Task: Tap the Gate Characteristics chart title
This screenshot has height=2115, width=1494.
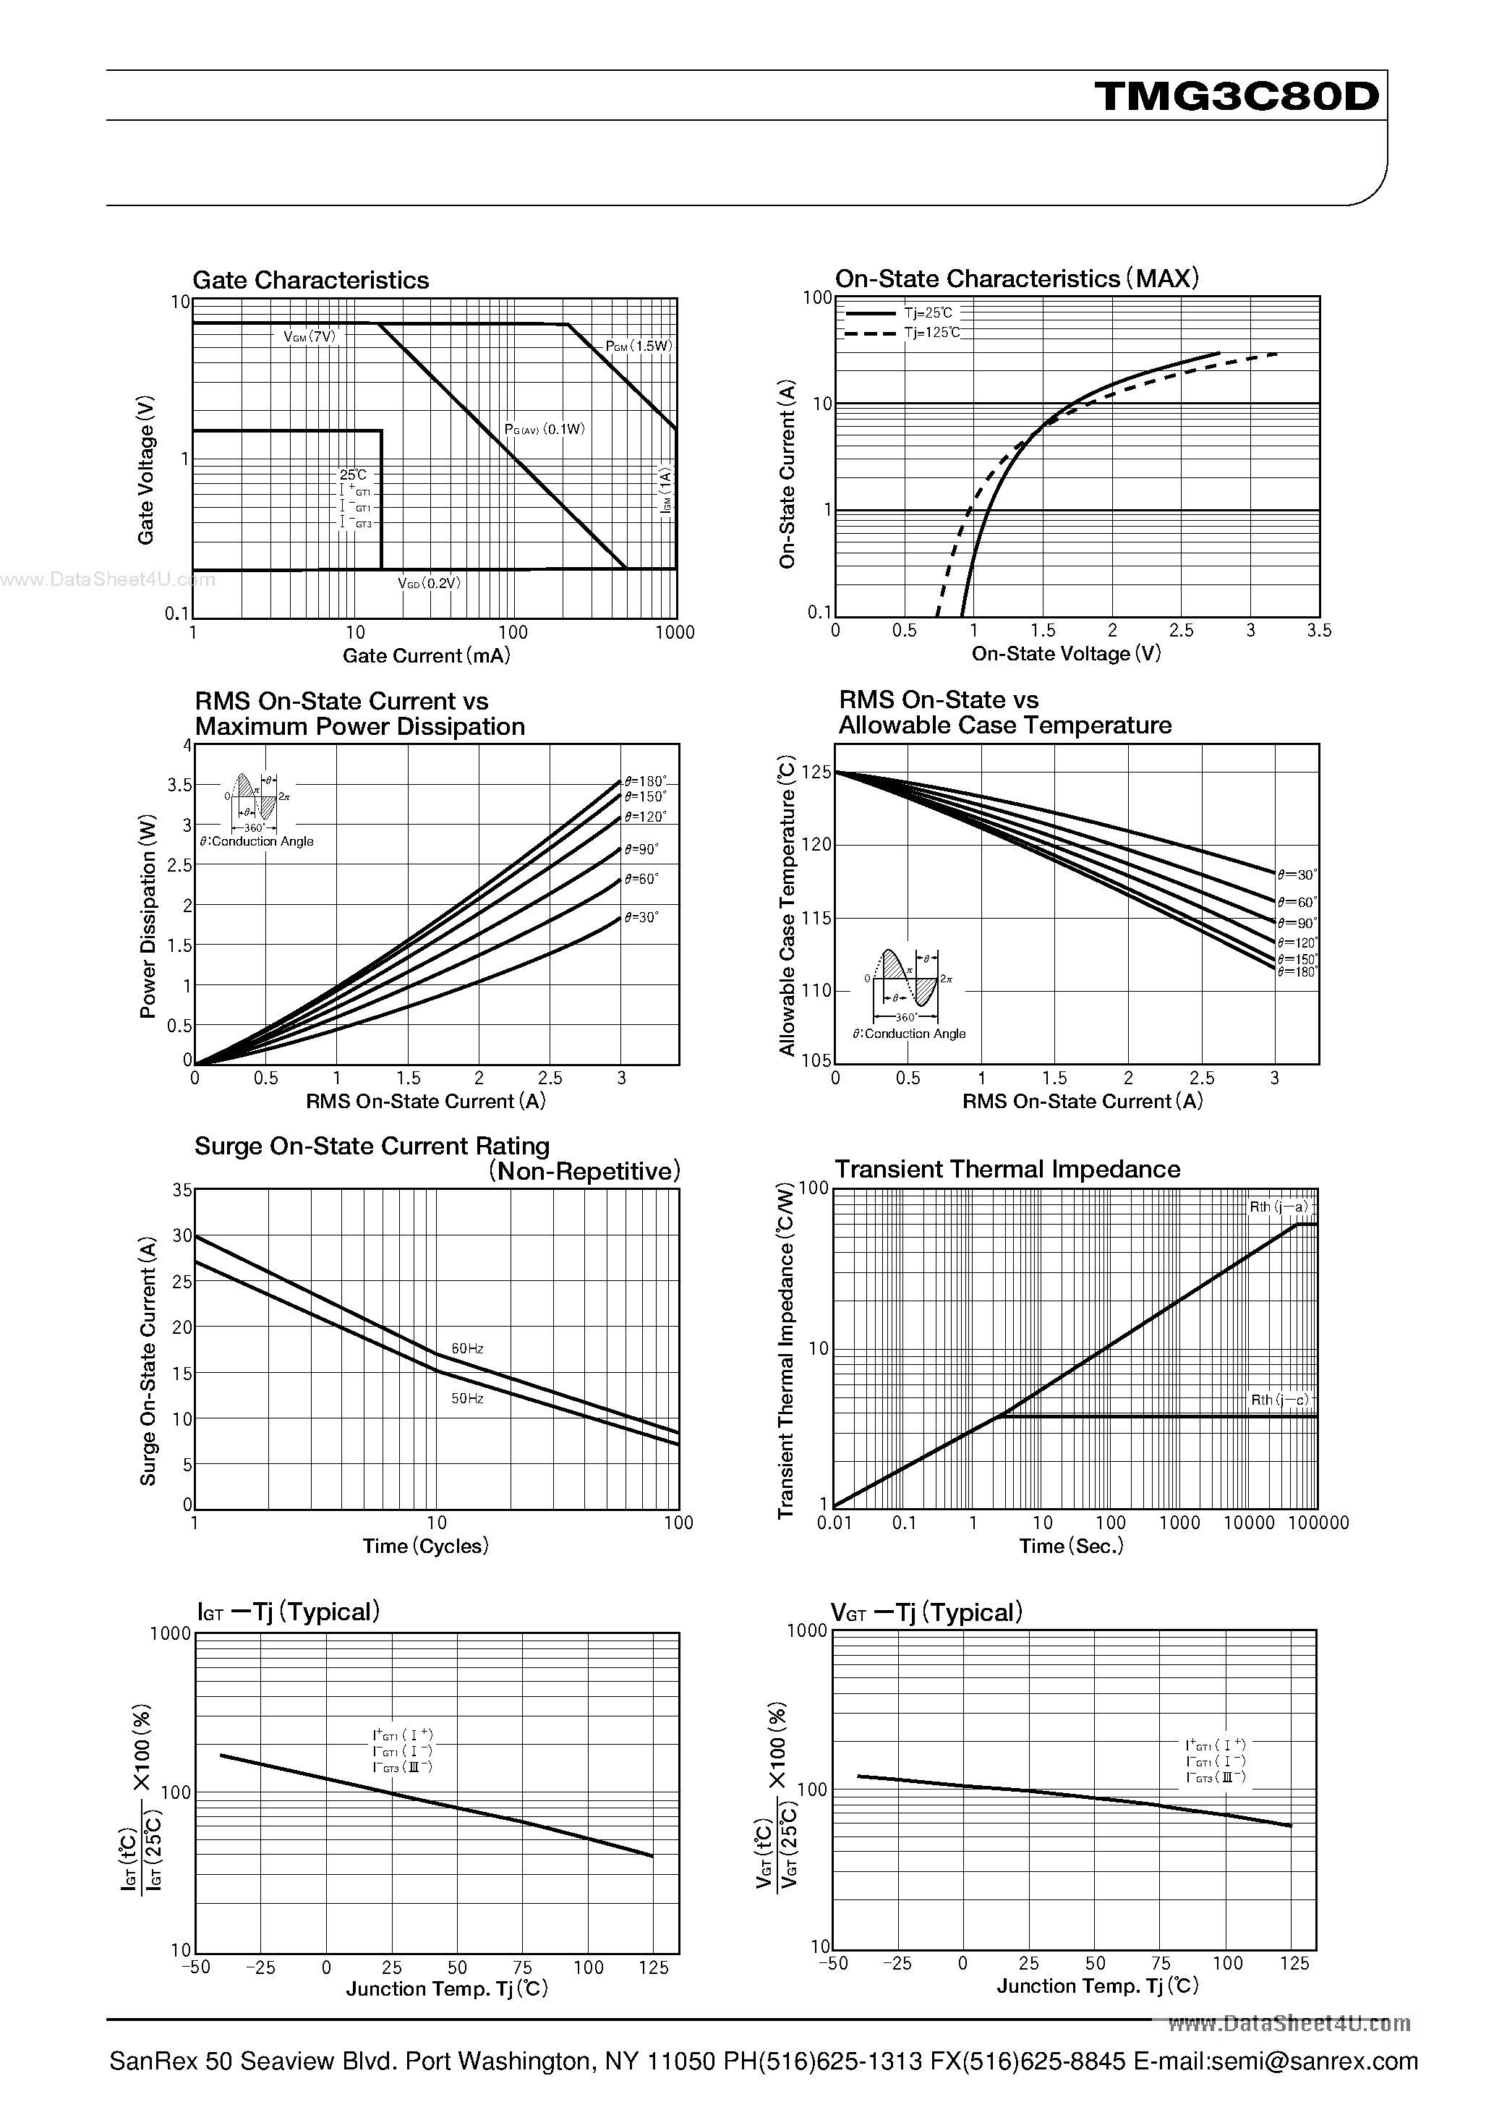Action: (x=310, y=280)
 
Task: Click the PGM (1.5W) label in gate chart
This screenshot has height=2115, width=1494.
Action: (x=639, y=346)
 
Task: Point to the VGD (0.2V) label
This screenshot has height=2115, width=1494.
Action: (x=430, y=583)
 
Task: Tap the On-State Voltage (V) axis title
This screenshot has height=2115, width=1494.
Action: (x=1066, y=653)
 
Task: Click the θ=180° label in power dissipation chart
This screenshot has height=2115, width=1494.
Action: (x=645, y=781)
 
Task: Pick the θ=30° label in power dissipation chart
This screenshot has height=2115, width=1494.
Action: (x=641, y=916)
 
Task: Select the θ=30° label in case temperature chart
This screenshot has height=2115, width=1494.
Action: (x=1297, y=874)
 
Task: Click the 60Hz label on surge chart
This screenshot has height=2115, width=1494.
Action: (x=467, y=1348)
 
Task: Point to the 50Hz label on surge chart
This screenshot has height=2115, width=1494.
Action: (x=467, y=1398)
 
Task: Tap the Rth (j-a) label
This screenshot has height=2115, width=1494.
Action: (x=1279, y=1207)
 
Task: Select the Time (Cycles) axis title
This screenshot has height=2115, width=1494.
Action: (x=425, y=1546)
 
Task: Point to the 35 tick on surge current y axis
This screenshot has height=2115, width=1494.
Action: (x=182, y=1190)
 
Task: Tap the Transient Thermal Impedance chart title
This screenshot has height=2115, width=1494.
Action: (x=1007, y=1169)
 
